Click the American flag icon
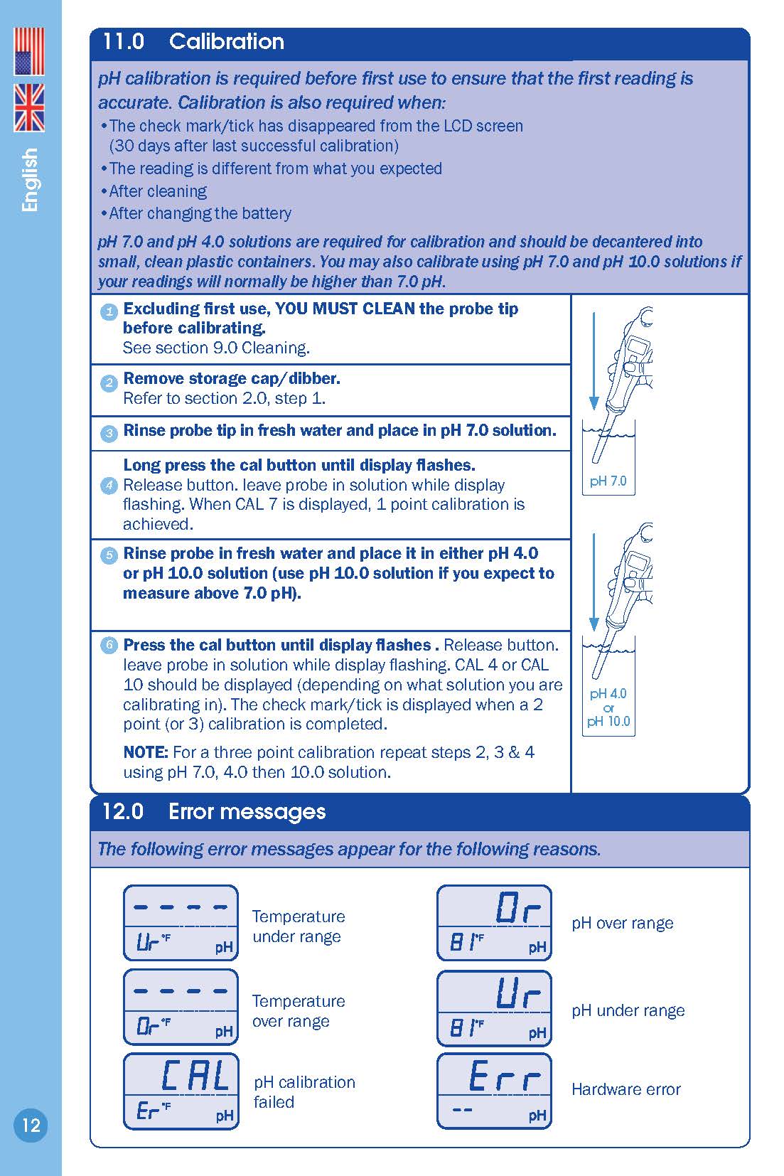coord(29,52)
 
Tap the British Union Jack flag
coord(29,107)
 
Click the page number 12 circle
coord(31,1125)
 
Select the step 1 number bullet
coord(109,311)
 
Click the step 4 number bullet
coord(109,486)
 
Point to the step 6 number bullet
coord(109,646)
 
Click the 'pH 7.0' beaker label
coord(608,481)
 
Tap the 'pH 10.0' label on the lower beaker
coord(608,721)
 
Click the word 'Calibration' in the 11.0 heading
coord(226,42)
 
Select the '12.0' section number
coord(123,812)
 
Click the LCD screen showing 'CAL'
coord(181,1091)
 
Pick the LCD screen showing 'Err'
coord(494,1091)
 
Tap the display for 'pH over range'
coord(494,923)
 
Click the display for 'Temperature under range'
coord(181,923)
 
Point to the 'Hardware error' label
coord(625,1089)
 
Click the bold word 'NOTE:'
coord(146,752)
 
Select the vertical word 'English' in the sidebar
coord(30,180)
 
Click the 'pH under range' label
coord(628,1010)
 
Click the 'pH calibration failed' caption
coord(304,1091)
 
